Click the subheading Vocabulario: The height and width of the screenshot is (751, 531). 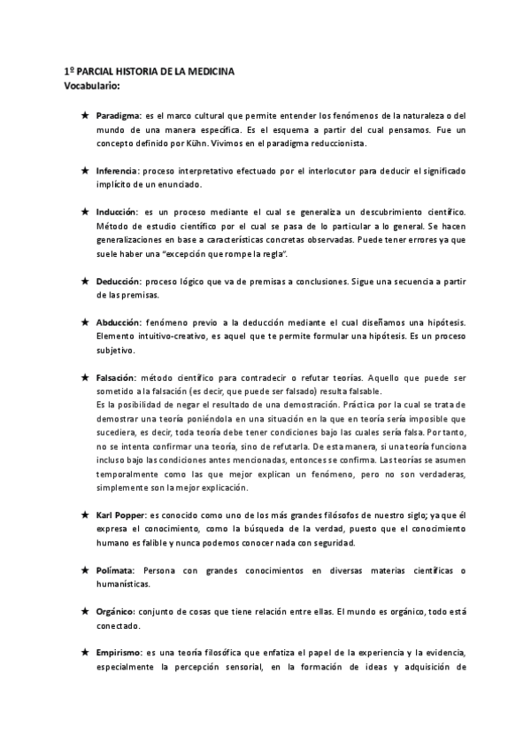click(92, 86)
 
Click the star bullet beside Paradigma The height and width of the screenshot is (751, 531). click(84, 116)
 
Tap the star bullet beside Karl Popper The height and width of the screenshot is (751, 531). click(84, 514)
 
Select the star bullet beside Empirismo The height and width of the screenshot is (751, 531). click(84, 653)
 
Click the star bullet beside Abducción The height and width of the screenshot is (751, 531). click(84, 323)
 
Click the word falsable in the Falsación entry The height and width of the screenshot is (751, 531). click(335, 391)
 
